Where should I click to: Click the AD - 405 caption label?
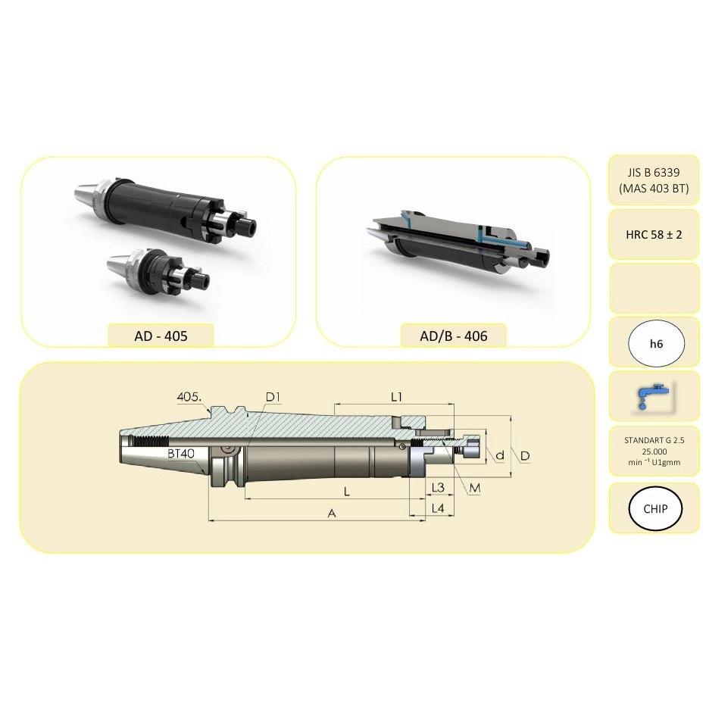pos(161,336)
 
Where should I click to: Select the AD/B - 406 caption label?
pos(454,336)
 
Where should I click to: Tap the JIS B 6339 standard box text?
pos(654,180)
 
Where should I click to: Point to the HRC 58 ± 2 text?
pos(654,235)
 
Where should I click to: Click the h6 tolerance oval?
pos(656,344)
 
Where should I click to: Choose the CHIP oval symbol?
pos(655,508)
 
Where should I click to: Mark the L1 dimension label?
pos(396,397)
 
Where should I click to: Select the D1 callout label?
pos(273,397)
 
